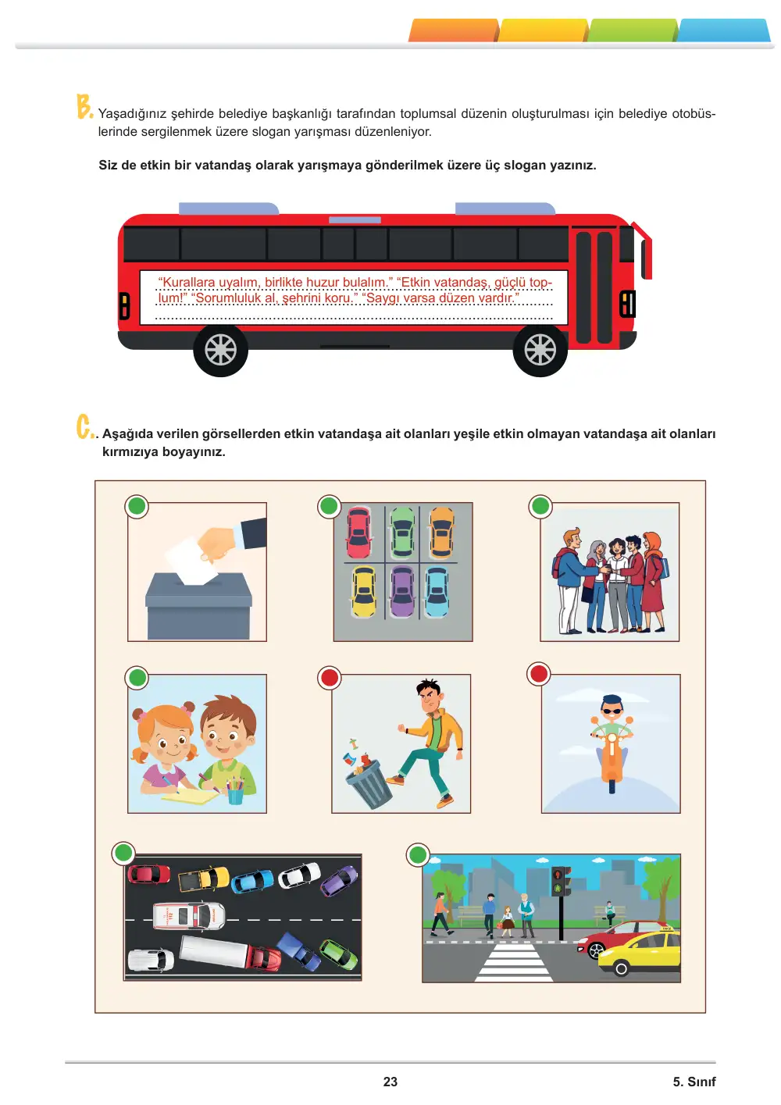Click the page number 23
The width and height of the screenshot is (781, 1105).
coord(390,1082)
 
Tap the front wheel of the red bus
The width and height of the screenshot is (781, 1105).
coord(540,349)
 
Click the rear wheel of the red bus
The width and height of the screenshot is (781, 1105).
coord(220,349)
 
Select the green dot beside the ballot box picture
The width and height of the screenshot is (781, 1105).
coord(137,506)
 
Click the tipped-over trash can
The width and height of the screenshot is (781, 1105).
coord(369,783)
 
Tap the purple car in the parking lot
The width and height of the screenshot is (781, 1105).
coord(402,591)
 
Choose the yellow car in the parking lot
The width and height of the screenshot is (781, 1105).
coord(364,591)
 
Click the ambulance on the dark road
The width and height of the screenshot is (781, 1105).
coord(190,916)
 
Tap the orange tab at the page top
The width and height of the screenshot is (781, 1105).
coord(453,30)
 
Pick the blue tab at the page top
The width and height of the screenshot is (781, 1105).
coord(724,30)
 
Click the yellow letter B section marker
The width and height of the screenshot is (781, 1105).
coord(84,106)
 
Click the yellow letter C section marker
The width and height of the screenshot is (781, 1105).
coord(85,427)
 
